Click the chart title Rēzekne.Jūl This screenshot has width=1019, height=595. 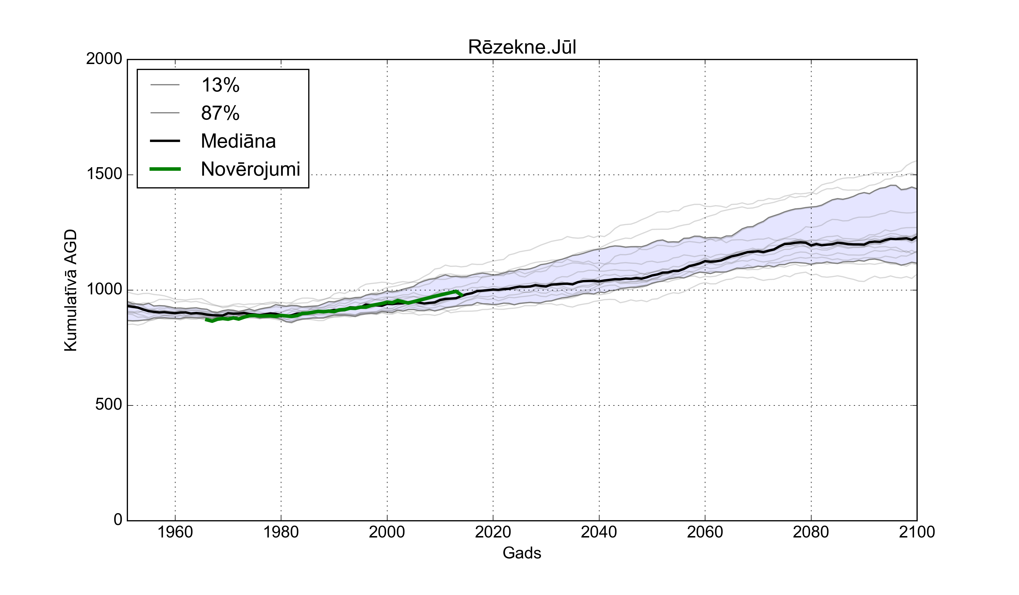pos(522,47)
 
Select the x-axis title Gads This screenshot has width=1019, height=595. pos(522,553)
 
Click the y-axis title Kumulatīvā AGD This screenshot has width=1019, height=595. pos(71,290)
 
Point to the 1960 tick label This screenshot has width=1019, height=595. pos(175,532)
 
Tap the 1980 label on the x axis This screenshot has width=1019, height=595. pos(281,532)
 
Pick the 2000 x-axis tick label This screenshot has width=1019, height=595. pos(387,532)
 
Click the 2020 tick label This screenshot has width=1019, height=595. pos(493,532)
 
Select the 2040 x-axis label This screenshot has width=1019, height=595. pos(599,532)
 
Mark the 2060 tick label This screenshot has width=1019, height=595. pos(705,532)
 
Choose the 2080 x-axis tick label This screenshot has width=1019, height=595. pos(811,532)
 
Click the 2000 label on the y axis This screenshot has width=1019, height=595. pos(104,59)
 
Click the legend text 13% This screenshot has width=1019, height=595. pos(221,85)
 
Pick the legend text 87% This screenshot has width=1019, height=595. pos(221,113)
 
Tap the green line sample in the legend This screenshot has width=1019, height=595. pos(165,169)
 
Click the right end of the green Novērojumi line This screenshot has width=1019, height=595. pos(462,295)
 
